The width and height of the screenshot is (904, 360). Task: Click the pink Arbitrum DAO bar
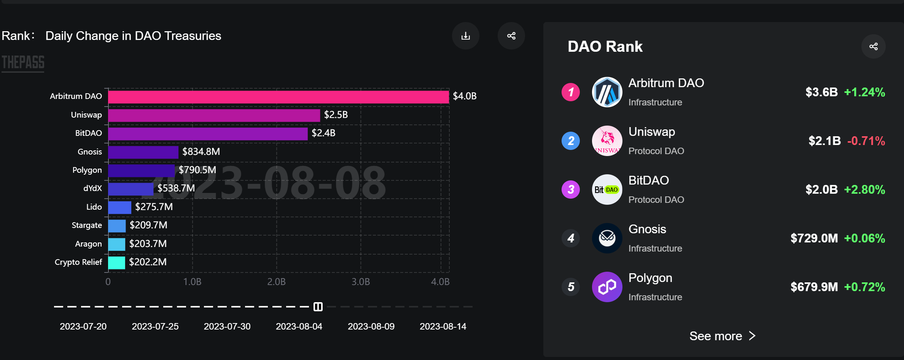[278, 97]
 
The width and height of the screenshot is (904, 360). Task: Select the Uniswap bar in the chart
[214, 115]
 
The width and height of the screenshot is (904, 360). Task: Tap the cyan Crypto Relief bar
[116, 263]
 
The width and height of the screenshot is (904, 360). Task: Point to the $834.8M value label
[201, 152]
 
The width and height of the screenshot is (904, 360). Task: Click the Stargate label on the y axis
[87, 225]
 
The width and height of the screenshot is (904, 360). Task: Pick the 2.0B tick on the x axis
[276, 282]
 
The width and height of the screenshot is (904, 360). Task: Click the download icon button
[465, 36]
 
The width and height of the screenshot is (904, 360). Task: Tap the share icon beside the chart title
[511, 36]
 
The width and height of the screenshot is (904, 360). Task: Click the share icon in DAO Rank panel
[873, 46]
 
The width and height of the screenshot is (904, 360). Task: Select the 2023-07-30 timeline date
[227, 327]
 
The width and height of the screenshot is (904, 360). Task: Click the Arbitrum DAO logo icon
[607, 92]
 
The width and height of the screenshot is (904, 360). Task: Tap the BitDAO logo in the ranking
[607, 190]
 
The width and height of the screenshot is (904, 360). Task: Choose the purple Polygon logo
[607, 287]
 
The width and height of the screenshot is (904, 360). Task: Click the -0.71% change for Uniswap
[866, 141]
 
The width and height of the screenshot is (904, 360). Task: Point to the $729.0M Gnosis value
[814, 239]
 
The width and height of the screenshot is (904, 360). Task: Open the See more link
[722, 336]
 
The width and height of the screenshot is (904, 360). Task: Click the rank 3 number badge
[571, 190]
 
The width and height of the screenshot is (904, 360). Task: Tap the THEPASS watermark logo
[23, 63]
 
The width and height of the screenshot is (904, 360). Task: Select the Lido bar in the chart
[119, 207]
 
